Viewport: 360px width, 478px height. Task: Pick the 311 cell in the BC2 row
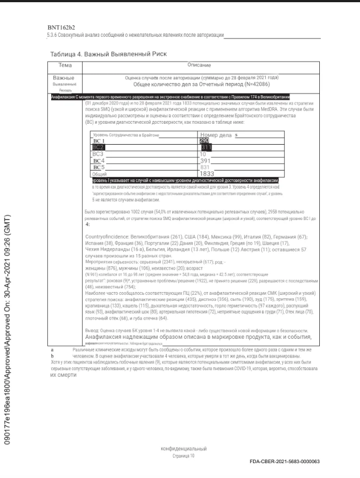[206, 147]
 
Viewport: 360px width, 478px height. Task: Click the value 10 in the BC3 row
[203, 154]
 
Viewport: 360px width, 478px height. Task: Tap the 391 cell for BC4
[205, 161]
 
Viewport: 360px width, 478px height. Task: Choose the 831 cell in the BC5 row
[205, 167]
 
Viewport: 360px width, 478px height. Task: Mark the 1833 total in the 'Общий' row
[207, 173]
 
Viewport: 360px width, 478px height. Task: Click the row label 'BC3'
[99, 154]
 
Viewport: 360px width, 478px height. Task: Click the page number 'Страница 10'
[183, 456]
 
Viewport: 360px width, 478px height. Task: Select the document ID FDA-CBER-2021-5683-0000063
[284, 461]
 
